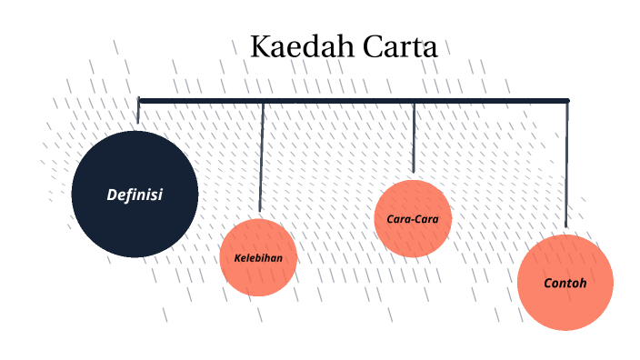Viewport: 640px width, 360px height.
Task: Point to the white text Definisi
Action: pos(135,195)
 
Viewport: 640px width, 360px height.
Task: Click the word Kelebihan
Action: pos(258,257)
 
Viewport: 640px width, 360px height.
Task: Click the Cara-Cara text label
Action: pos(413,219)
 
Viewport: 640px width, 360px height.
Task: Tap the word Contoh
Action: pos(565,284)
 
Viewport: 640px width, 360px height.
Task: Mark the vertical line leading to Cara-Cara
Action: pos(414,136)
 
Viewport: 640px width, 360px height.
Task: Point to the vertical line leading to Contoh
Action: pos(566,164)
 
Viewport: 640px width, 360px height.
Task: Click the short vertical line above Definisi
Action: pos(138,112)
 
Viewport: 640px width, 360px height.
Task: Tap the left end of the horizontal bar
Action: pos(140,100)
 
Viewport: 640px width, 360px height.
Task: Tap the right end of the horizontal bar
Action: pos(566,100)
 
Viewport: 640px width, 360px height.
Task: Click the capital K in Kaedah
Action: pos(260,47)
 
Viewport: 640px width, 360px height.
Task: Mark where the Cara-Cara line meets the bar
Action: pos(414,101)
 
